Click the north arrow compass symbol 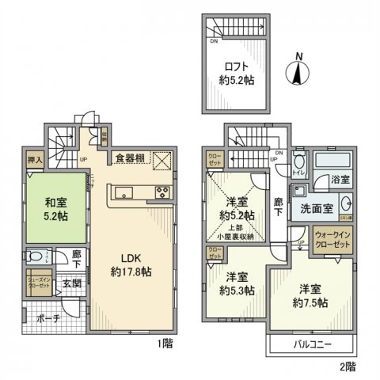pyautogui.click(x=298, y=71)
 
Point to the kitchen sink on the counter pyautogui.click(x=125, y=193)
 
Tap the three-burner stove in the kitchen pyautogui.click(x=161, y=192)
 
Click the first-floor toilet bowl pyautogui.click(x=36, y=256)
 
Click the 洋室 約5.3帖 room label pyautogui.click(x=237, y=284)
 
